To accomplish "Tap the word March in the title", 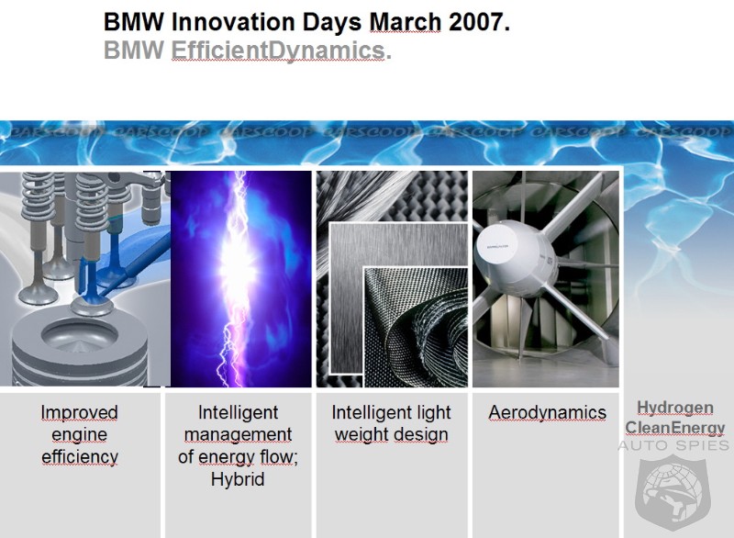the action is tap(405, 21).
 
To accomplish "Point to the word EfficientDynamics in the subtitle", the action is tap(278, 50).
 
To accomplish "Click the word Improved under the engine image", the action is tap(79, 412).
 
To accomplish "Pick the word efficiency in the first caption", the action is tap(80, 456).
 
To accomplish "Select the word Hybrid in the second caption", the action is tap(238, 479).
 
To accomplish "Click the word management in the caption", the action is tap(238, 435).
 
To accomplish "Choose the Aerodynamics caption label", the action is tap(547, 412).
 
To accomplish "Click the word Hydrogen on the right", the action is tap(675, 408).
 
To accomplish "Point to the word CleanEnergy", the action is tap(674, 428).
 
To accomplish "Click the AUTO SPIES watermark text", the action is tap(673, 445).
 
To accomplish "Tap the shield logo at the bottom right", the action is tap(673, 494).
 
